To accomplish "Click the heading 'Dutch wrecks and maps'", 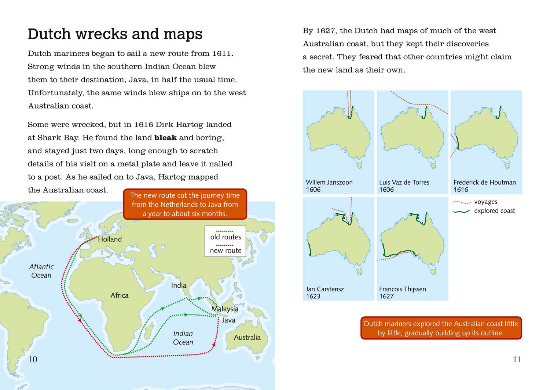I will pyautogui.click(x=115, y=34).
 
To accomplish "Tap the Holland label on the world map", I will pyautogui.click(x=110, y=239).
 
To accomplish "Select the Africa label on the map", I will pyautogui.click(x=120, y=295).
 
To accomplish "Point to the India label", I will pyautogui.click(x=179, y=285).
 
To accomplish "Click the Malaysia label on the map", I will pyautogui.click(x=225, y=309).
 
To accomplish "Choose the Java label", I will pyautogui.click(x=229, y=320).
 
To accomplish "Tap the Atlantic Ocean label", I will pyautogui.click(x=41, y=271).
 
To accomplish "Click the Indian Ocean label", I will pyautogui.click(x=183, y=338).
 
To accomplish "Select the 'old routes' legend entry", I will pyautogui.click(x=225, y=237).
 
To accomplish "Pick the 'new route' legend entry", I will pyautogui.click(x=225, y=251).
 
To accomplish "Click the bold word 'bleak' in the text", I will pyautogui.click(x=166, y=138).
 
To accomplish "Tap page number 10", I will pyautogui.click(x=33, y=359).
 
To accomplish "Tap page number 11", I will pyautogui.click(x=517, y=359).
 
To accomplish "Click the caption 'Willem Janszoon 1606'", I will pyautogui.click(x=329, y=186).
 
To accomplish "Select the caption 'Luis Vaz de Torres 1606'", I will pyautogui.click(x=404, y=186).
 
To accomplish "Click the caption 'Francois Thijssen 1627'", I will pyautogui.click(x=403, y=292).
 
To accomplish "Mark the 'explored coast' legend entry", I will pyautogui.click(x=494, y=211).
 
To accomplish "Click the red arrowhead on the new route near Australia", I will pyautogui.click(x=214, y=344).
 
